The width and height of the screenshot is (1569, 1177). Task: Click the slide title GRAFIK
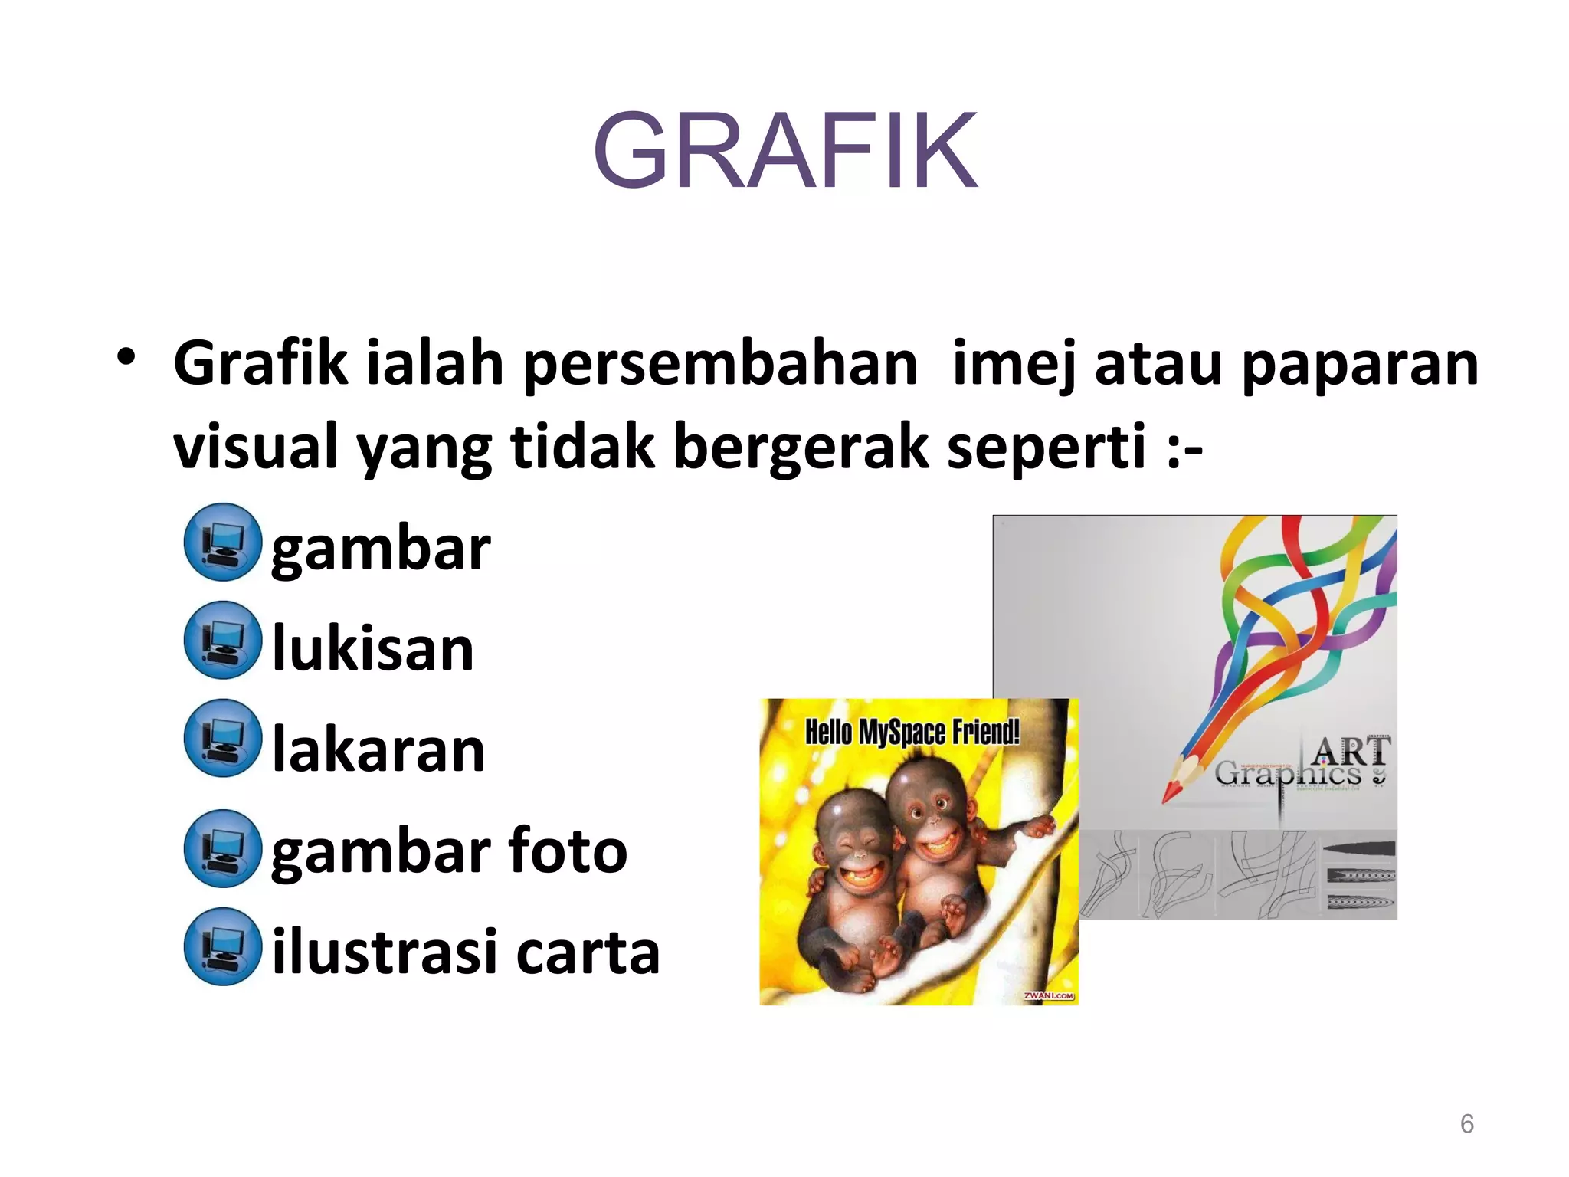[x=785, y=151]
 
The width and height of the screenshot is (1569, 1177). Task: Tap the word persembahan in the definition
[x=720, y=364]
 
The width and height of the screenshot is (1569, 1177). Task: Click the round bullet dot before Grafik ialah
[x=126, y=357]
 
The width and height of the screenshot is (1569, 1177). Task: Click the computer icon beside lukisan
[x=223, y=640]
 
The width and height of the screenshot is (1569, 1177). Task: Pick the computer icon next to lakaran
[x=223, y=738]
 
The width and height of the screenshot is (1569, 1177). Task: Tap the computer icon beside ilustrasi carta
[x=223, y=946]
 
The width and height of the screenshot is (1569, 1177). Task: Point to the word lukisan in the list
[x=373, y=648]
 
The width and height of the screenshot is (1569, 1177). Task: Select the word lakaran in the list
[x=378, y=749]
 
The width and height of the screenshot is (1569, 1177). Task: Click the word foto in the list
[x=568, y=851]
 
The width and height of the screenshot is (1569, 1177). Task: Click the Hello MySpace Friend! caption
[x=912, y=733]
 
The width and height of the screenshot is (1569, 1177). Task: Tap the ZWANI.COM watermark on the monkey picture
[x=1049, y=995]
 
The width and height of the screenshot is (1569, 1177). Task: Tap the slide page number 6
[x=1466, y=1123]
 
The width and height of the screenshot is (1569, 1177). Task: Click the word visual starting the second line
[x=255, y=447]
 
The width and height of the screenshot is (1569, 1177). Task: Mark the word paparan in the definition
[x=1360, y=364]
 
